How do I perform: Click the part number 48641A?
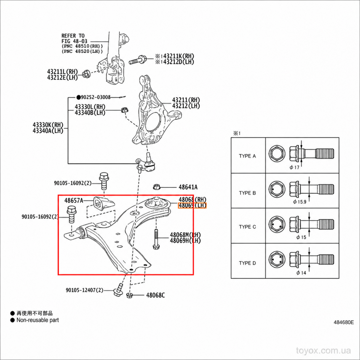[188, 187]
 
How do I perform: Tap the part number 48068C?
[155, 295]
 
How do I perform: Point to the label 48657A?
[73, 200]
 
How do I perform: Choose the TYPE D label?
[247, 263]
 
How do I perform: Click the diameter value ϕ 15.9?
[299, 202]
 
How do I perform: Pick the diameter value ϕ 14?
[301, 273]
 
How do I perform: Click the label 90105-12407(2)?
[84, 290]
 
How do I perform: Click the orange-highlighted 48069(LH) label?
[192, 205]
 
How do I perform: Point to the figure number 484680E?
[344, 328]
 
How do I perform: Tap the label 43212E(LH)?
[62, 77]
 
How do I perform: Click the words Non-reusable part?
[37, 320]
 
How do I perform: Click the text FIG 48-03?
[74, 41]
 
